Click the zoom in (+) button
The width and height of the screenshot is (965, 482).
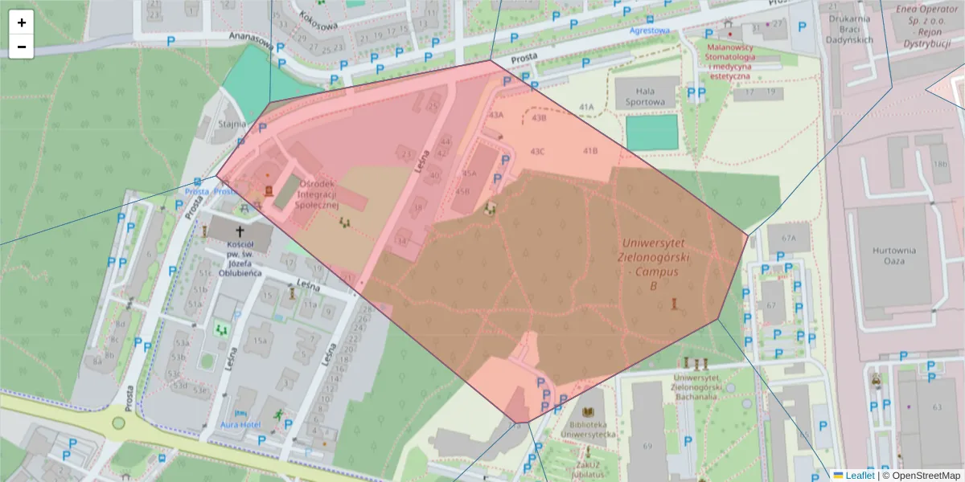coord(22,22)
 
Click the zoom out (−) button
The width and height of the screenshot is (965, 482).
coord(22,47)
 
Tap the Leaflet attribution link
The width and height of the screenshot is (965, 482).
coord(860,476)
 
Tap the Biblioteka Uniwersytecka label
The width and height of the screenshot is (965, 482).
coord(593,429)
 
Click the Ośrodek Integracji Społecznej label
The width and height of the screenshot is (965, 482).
coord(321,194)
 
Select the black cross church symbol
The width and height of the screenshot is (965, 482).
coord(239,231)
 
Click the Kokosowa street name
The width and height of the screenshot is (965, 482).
coord(315,18)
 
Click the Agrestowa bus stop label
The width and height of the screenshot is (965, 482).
coord(650,31)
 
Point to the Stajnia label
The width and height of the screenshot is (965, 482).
coord(230,125)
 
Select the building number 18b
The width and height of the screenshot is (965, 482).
coord(940,164)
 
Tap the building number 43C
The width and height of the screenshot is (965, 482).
coord(537,151)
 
